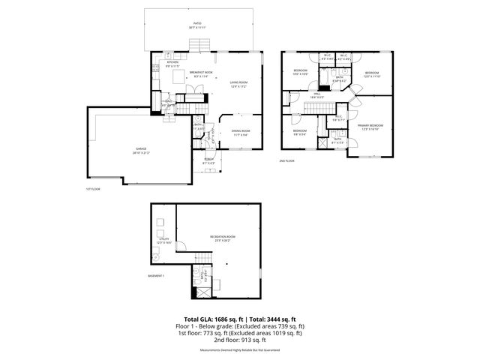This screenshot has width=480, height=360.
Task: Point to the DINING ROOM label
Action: click(241, 133)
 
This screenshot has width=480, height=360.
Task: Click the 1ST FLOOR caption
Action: click(93, 189)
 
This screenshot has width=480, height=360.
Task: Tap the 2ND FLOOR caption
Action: click(286, 160)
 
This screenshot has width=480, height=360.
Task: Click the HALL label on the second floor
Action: click(316, 94)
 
